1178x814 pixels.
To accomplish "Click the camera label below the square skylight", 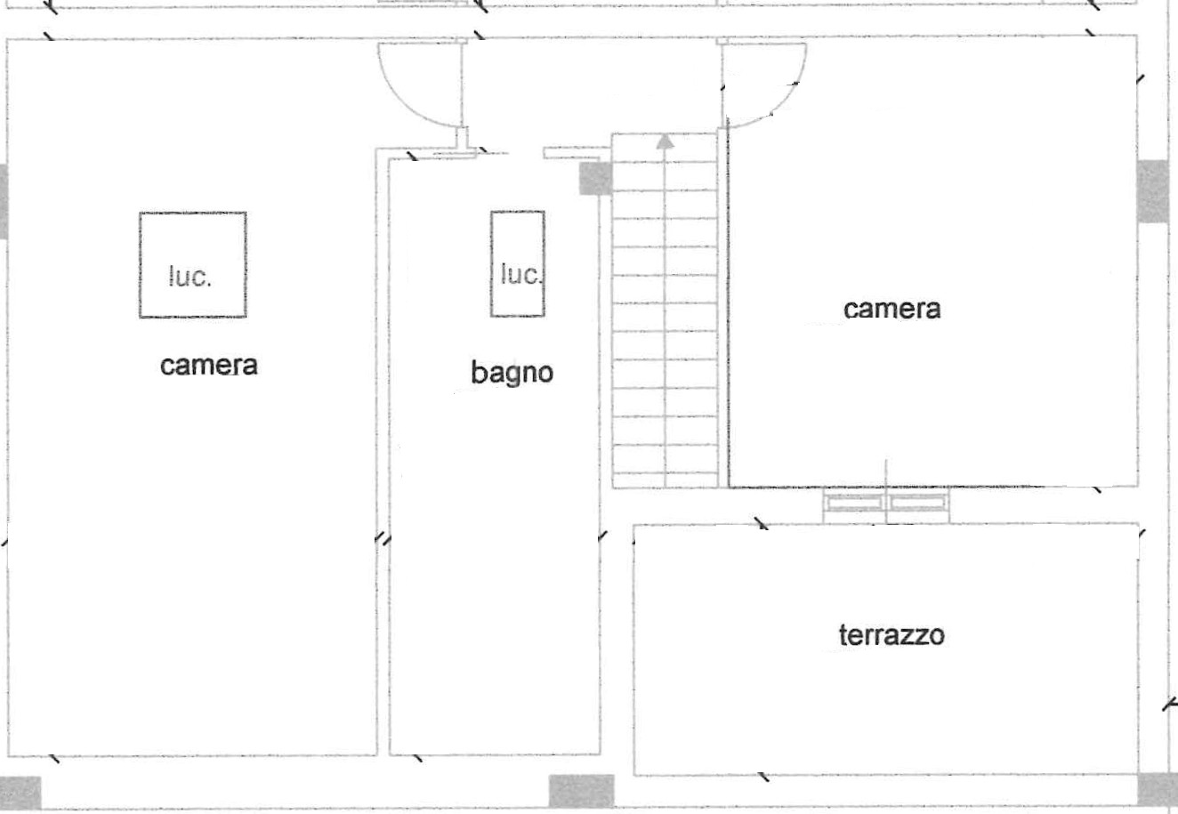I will click(209, 365).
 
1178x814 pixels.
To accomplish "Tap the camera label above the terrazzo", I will click(892, 309).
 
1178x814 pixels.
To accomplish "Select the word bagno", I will click(512, 372).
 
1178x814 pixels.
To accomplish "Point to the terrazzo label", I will click(892, 635).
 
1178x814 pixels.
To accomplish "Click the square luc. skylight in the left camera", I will click(192, 265).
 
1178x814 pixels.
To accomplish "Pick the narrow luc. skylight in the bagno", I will click(518, 264).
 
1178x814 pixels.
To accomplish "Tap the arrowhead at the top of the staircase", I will click(665, 140).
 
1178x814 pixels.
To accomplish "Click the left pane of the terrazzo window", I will click(855, 504).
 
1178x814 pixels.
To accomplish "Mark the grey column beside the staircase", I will click(595, 178).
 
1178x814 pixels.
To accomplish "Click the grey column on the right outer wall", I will click(1153, 191).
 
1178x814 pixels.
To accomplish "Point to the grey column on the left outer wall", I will click(4, 200).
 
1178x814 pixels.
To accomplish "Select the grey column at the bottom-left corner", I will click(20, 792).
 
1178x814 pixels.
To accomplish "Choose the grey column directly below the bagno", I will click(581, 790).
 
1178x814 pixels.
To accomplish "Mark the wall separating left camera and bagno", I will click(383, 445).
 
